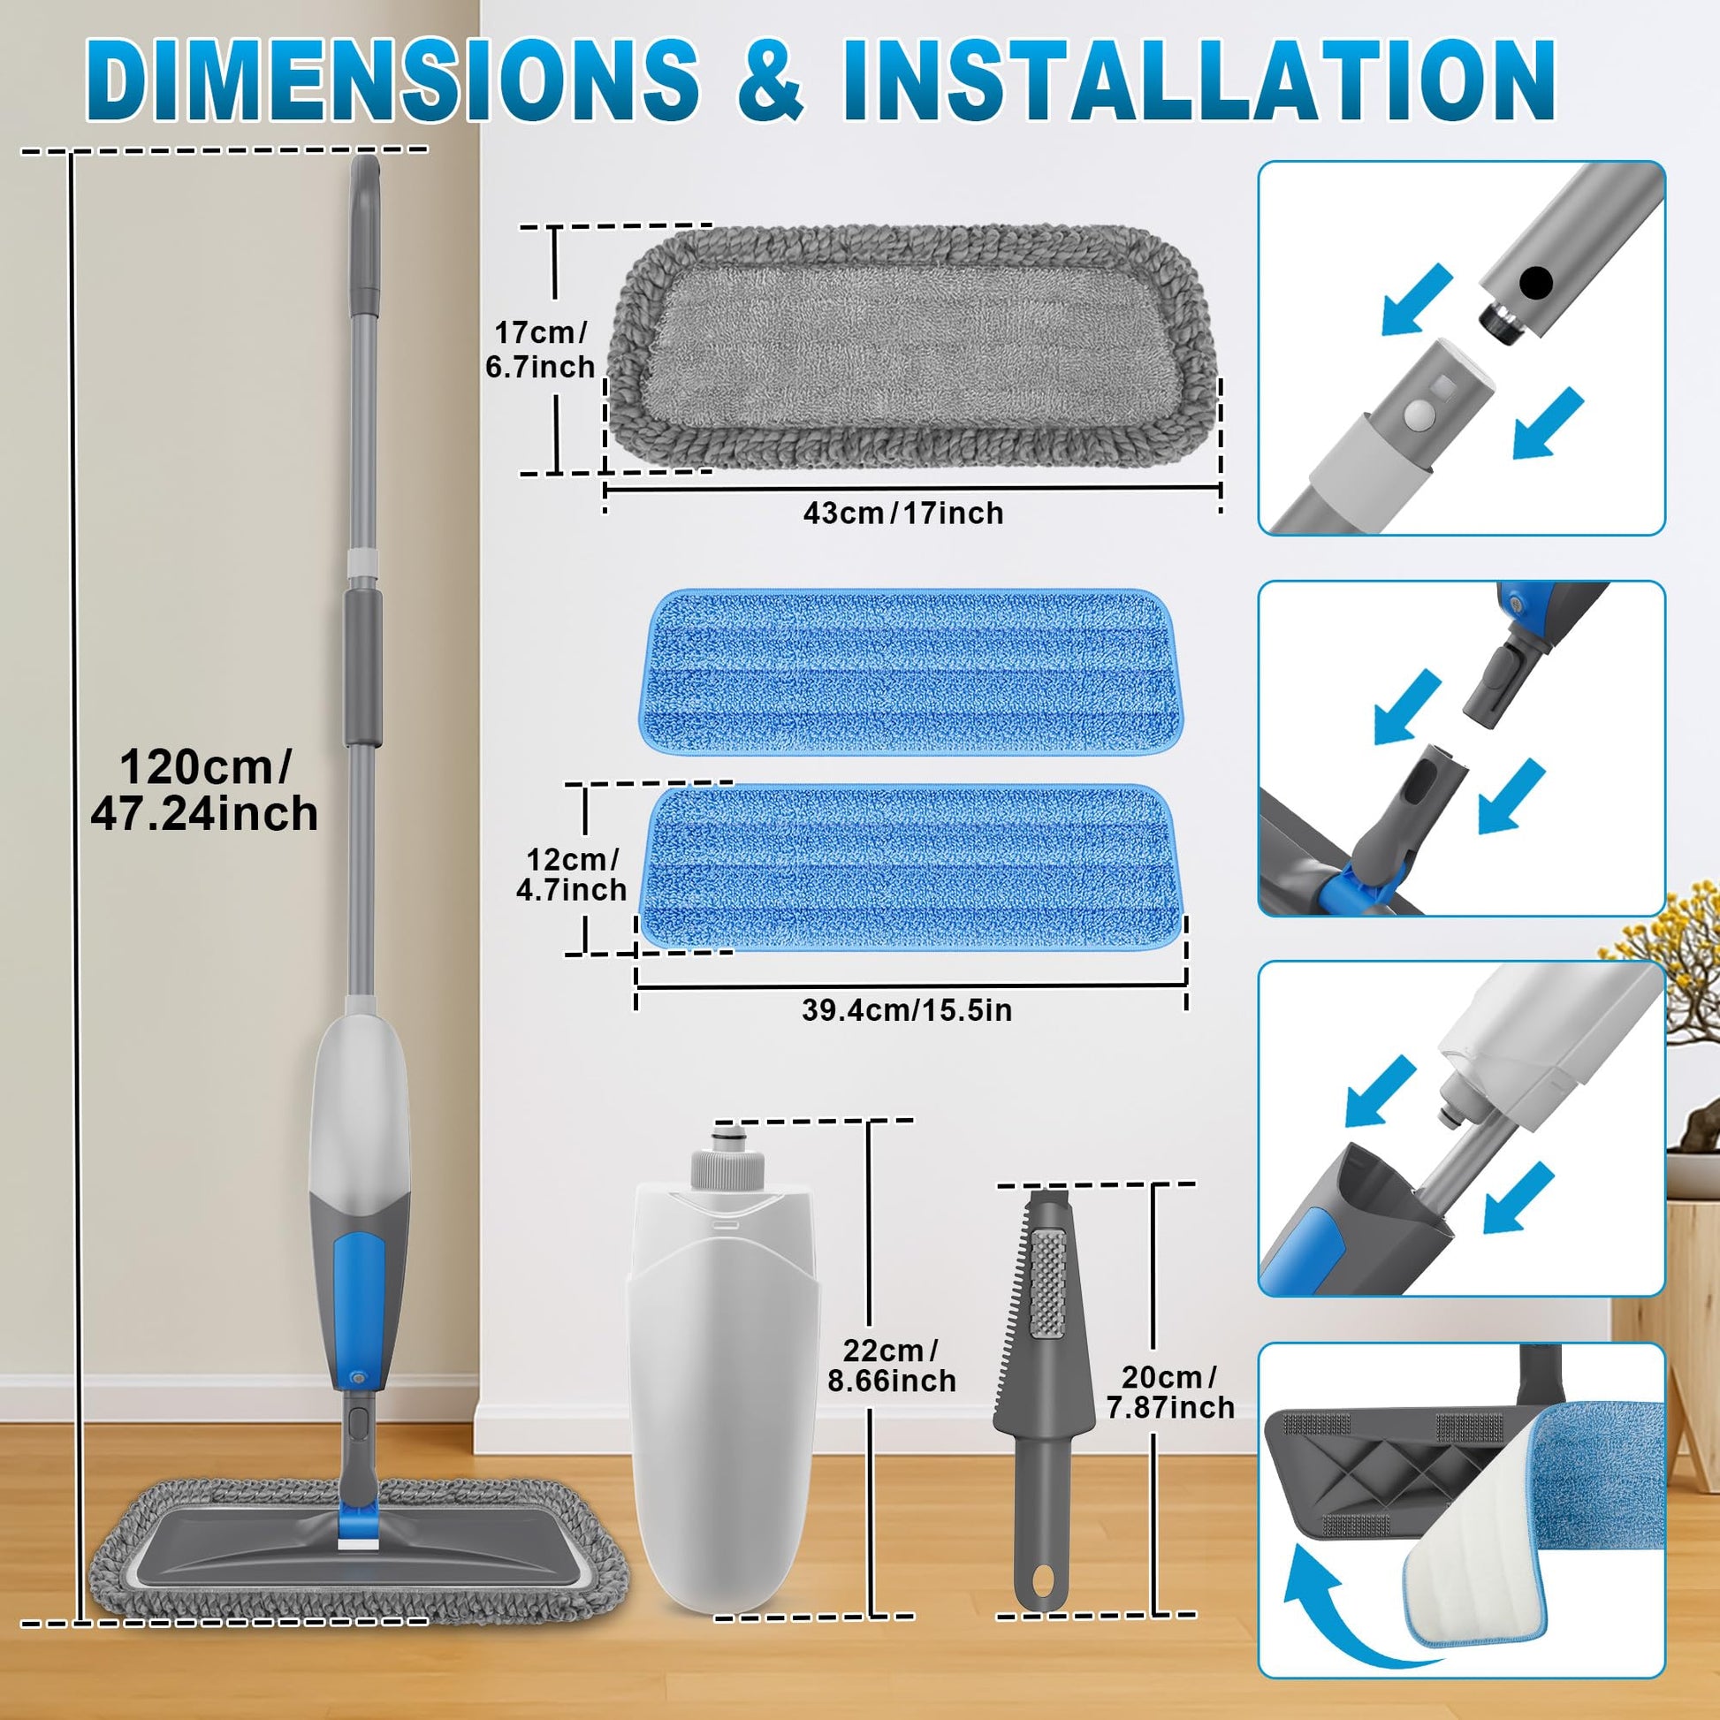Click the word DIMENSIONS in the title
tap(392, 80)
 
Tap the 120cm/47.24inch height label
tap(205, 789)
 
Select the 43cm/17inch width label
tap(902, 514)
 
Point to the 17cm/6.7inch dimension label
tap(539, 349)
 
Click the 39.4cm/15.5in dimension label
tap(906, 1010)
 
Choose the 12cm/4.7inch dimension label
tap(571, 874)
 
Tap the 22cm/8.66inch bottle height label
tap(891, 1365)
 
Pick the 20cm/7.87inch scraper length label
tap(1170, 1391)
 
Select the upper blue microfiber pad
tap(909, 672)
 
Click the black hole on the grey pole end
tap(1536, 283)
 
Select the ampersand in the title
tap(769, 80)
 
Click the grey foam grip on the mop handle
tap(363, 666)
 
